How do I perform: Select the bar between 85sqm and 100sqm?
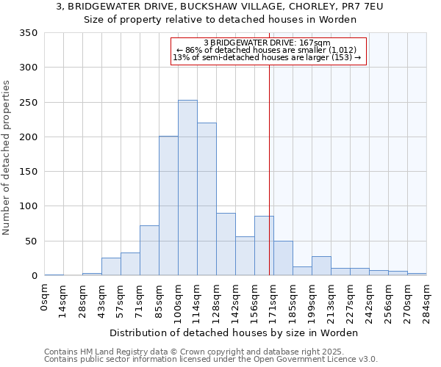click(168, 206)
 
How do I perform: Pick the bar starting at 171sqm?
click(283, 258)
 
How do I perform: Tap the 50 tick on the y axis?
click(30, 241)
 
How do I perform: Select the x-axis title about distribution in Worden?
click(234, 333)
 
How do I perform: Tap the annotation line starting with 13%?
click(267, 57)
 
